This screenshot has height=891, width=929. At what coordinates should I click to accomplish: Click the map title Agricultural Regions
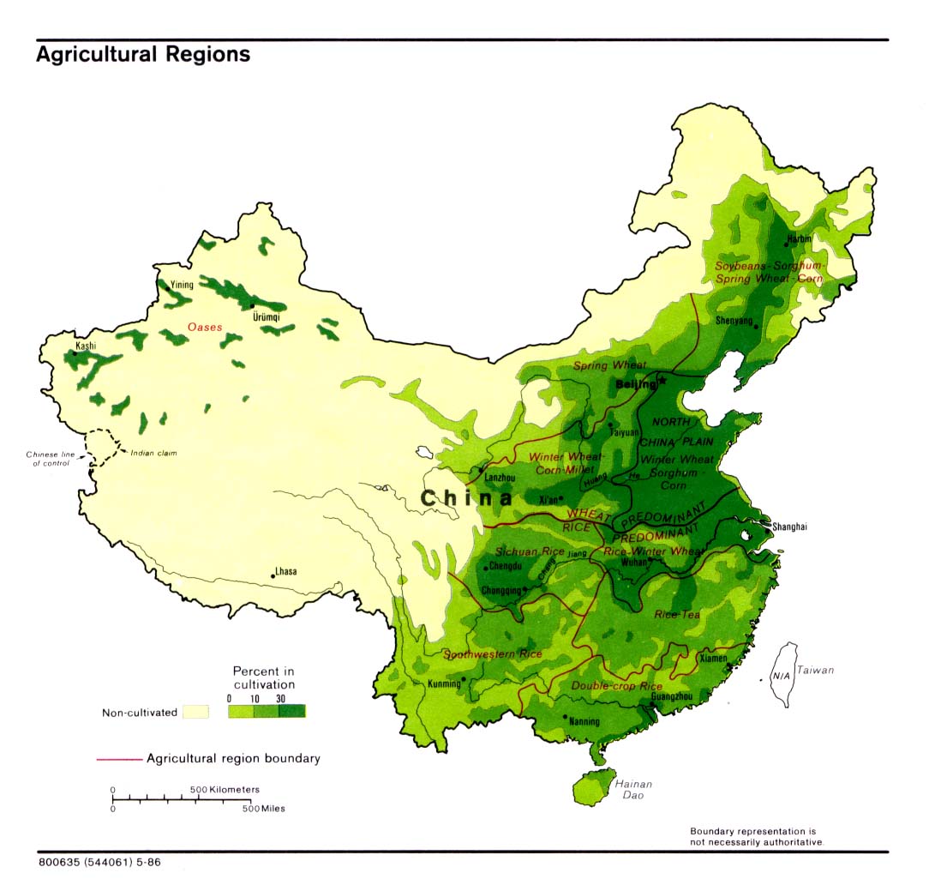[143, 55]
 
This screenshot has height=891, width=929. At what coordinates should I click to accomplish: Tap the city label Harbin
[799, 238]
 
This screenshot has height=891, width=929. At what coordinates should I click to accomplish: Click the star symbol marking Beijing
[662, 379]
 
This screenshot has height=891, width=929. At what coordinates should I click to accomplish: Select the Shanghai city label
[788, 527]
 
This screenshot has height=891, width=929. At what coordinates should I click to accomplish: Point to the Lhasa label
[286, 571]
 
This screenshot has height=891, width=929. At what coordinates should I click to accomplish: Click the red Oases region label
[205, 327]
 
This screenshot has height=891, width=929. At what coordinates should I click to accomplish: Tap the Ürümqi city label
[267, 317]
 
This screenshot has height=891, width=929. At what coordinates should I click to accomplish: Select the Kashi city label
[86, 346]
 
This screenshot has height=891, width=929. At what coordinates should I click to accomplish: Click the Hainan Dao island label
[634, 790]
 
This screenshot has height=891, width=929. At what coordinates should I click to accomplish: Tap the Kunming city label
[444, 684]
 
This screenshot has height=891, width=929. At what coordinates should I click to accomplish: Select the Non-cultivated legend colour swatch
[196, 712]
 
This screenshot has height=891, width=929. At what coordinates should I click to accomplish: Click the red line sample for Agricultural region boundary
[118, 759]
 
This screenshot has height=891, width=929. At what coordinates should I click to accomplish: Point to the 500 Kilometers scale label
[225, 789]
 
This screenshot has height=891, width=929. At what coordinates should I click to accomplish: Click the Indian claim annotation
[153, 453]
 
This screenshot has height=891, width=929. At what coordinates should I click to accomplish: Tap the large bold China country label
[466, 498]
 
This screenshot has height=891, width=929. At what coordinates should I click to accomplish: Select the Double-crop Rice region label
[616, 686]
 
